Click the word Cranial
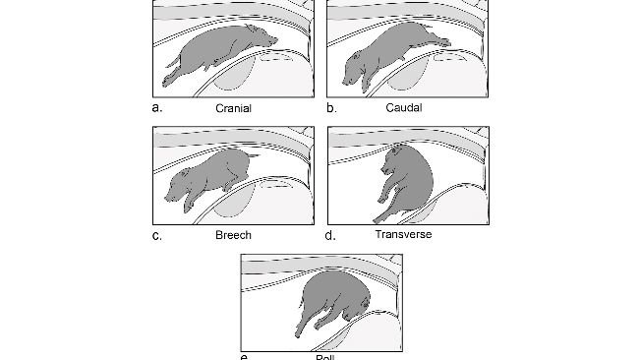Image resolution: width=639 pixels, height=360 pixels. point(234,108)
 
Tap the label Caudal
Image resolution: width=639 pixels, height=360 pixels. point(404,107)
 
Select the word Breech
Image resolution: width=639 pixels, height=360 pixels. point(233,235)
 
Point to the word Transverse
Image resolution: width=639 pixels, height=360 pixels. point(403,235)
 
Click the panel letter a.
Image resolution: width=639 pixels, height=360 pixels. point(157,107)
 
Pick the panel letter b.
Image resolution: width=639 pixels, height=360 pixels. point(331,107)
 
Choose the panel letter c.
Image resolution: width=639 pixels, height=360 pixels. point(157,235)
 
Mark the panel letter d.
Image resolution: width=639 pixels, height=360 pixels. point(331,235)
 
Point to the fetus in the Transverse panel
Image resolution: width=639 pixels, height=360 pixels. point(407,182)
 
